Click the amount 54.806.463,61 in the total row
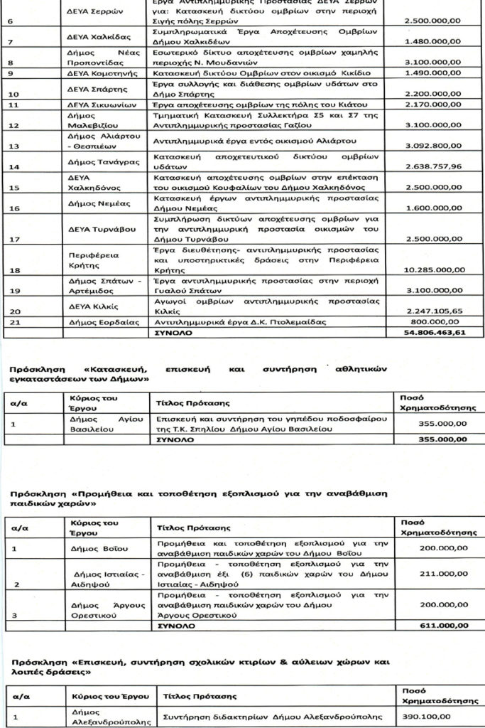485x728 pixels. tap(434, 332)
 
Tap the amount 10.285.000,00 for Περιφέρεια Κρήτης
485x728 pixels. tap(434, 270)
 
